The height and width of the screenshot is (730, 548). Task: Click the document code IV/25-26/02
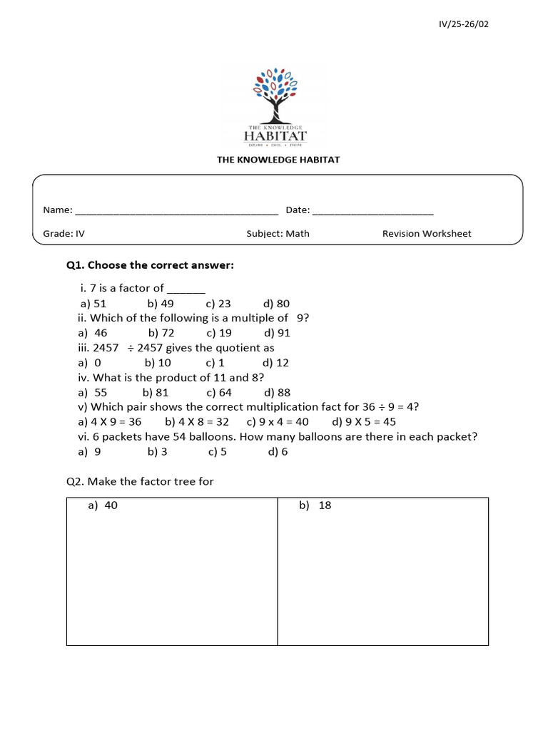pos(464,24)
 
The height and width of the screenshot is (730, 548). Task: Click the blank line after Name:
pos(176,211)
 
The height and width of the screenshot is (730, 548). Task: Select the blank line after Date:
pos(372,211)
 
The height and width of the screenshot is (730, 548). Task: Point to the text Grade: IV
pos(64,233)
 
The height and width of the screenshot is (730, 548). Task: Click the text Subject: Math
pos(278,233)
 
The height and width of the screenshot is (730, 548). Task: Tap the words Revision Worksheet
pos(426,233)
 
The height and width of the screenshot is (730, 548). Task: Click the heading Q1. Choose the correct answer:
pos(150,266)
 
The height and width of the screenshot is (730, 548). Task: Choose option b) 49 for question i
pos(161,303)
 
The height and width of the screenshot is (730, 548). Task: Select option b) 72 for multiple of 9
pos(161,333)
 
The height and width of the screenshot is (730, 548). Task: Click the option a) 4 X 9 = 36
pos(111,422)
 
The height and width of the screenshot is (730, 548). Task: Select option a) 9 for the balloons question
pos(90,452)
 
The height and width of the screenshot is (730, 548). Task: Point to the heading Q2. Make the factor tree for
pos(140,482)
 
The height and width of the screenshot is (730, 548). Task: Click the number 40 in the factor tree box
pos(111,505)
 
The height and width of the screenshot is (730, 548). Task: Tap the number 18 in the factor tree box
pos(325,505)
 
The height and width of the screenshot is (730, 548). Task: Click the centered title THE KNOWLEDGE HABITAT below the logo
pos(278,160)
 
